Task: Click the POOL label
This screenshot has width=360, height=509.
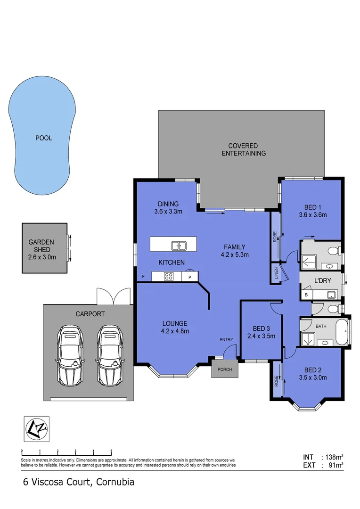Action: point(43,138)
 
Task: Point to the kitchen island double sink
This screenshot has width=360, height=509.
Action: point(179,245)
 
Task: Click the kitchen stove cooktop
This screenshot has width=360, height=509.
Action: point(169,277)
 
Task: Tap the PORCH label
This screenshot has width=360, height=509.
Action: point(225,369)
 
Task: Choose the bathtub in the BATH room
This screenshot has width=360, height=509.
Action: point(340,333)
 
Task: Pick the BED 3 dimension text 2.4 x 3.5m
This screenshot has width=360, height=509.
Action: point(261,336)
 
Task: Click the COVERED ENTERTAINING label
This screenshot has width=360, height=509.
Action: point(244,149)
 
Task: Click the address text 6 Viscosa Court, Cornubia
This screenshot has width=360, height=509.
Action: point(79,482)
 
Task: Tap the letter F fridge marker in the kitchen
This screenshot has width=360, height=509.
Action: point(143,277)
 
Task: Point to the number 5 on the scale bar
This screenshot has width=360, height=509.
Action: point(111,452)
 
